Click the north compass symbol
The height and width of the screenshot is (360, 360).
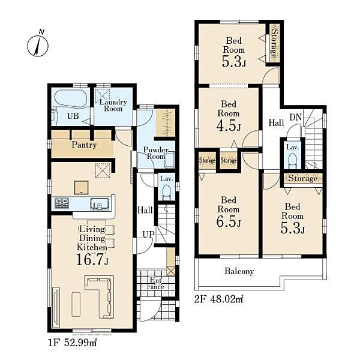point(38,45)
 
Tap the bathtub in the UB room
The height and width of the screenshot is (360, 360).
point(70,98)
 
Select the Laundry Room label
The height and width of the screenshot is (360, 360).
point(113,106)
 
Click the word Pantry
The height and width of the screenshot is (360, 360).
point(84,145)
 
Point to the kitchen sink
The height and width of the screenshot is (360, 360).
point(100,204)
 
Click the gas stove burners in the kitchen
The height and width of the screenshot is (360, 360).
point(62,203)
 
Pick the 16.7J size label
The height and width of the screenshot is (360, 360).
point(92,259)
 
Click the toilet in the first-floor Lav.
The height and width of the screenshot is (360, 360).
point(166,193)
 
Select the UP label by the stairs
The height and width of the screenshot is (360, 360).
point(148,235)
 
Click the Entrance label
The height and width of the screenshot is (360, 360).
point(156,283)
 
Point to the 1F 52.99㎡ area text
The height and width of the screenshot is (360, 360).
point(73,343)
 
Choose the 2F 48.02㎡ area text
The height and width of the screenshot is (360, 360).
point(218,299)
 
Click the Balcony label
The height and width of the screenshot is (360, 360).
point(239,271)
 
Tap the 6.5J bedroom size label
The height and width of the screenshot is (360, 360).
point(229,221)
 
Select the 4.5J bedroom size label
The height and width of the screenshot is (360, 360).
point(229,126)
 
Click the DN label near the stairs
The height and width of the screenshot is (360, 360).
point(295,118)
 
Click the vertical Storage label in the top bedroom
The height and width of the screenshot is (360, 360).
point(274,43)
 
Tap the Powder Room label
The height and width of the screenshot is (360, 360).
point(156,153)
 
